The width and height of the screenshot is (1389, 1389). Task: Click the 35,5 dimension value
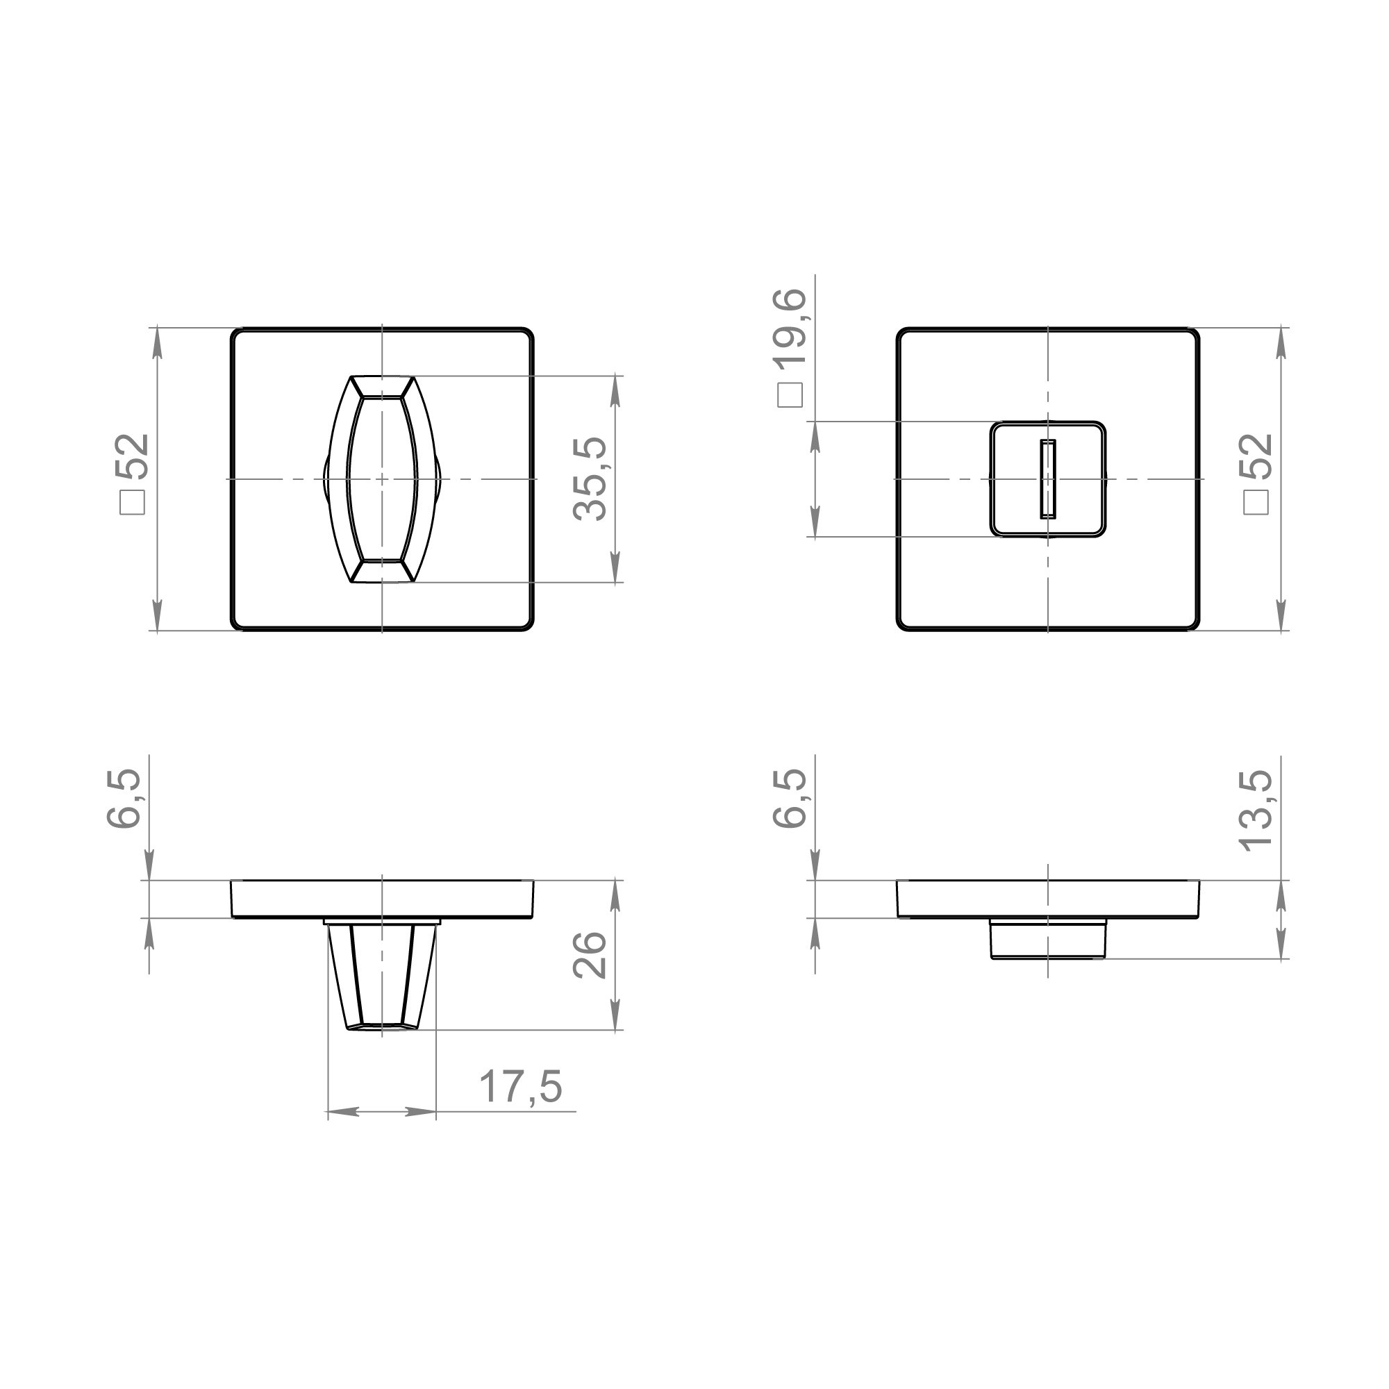[591, 479]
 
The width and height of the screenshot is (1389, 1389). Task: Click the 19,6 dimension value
[791, 328]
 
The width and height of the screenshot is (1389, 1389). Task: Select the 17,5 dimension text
[519, 1086]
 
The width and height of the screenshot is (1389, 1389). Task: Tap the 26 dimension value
[591, 955]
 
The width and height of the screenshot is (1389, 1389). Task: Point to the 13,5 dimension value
[1257, 811]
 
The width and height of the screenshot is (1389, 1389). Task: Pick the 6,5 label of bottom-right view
[791, 798]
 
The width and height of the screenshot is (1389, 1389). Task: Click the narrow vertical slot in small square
[1047, 479]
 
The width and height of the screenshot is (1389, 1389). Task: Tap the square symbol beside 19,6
[790, 395]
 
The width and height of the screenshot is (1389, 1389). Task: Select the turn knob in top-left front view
[382, 479]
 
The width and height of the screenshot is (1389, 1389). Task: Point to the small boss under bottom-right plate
[1047, 938]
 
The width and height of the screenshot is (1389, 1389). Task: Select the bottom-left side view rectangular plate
[382, 899]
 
